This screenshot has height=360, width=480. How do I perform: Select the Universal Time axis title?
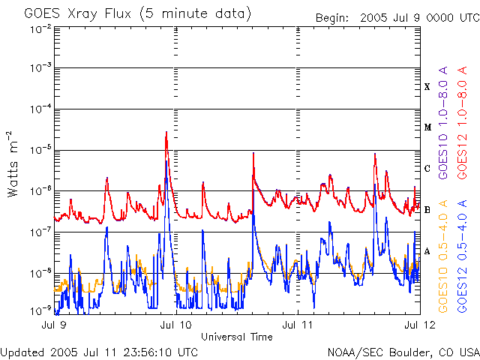[x=236, y=337]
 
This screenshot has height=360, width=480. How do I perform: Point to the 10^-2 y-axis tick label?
[x=39, y=28]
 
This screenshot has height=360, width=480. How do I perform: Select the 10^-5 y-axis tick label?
[x=39, y=151]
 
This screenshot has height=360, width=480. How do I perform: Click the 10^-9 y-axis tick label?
[x=39, y=310]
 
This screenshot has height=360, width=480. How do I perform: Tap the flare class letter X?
[x=427, y=87]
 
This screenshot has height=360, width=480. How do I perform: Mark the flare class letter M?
[x=427, y=127]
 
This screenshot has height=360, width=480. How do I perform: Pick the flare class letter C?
[x=427, y=169]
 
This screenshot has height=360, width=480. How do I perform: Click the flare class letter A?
[x=427, y=251]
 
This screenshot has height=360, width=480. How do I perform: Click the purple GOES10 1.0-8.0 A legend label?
[x=444, y=142]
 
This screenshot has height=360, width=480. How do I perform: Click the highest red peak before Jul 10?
[x=166, y=133]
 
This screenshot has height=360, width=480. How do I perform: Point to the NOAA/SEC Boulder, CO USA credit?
[x=403, y=352]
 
